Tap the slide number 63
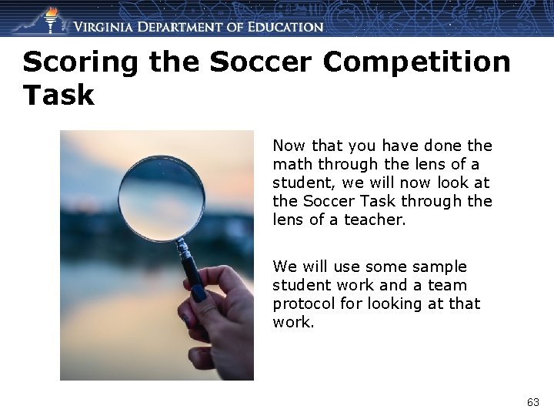point(532,402)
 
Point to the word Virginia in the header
point(109,27)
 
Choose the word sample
point(441,267)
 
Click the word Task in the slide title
point(58,96)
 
